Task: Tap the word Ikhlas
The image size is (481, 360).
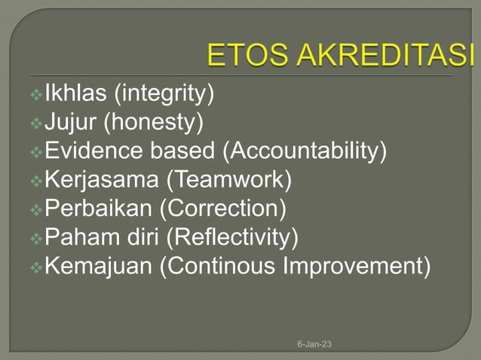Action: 77,94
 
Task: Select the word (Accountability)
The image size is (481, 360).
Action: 304,151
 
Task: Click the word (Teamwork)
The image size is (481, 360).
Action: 229,179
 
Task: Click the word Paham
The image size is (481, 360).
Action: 78,236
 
